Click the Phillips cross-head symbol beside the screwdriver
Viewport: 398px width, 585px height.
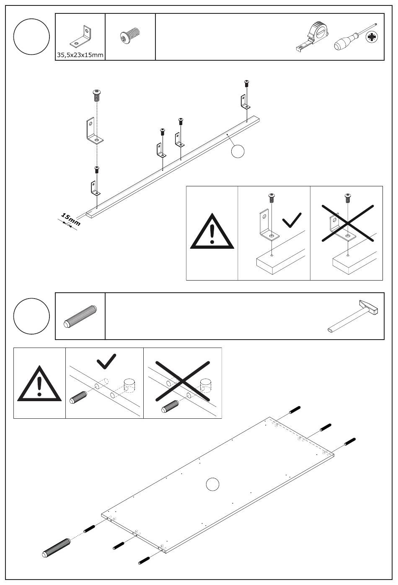(x=371, y=38)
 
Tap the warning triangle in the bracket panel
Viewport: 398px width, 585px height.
(x=212, y=232)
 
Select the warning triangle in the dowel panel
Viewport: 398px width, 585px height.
(x=39, y=384)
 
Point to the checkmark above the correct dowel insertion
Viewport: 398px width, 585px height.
(x=106, y=361)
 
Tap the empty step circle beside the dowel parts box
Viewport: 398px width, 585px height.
(x=32, y=316)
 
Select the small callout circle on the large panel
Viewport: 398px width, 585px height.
(x=213, y=484)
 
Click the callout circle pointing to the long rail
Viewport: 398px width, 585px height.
(x=238, y=151)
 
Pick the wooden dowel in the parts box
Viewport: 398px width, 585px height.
(x=80, y=316)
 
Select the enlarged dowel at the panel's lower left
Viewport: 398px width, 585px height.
(x=57, y=546)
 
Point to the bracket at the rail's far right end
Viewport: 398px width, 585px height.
(x=244, y=102)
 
